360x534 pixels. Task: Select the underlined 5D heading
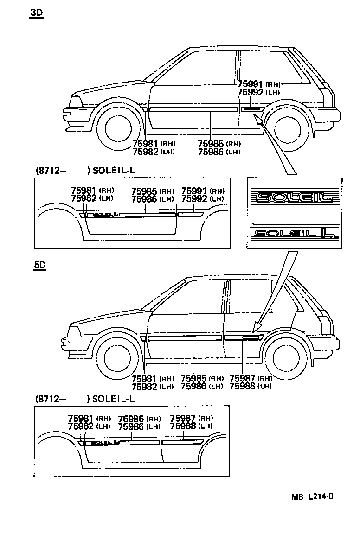point(40,266)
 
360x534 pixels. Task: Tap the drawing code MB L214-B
point(312,496)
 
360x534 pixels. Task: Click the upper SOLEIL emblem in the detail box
point(293,197)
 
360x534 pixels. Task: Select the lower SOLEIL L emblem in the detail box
point(293,232)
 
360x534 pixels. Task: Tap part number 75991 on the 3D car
point(250,84)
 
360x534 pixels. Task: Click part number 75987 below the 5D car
point(242,378)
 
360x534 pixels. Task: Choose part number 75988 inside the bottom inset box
point(183,426)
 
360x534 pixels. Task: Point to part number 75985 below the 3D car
point(211,144)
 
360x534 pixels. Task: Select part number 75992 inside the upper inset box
point(194,199)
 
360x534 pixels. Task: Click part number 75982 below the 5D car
point(144,386)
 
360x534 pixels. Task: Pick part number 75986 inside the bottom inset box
point(131,426)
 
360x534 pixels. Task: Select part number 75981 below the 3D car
point(145,144)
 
